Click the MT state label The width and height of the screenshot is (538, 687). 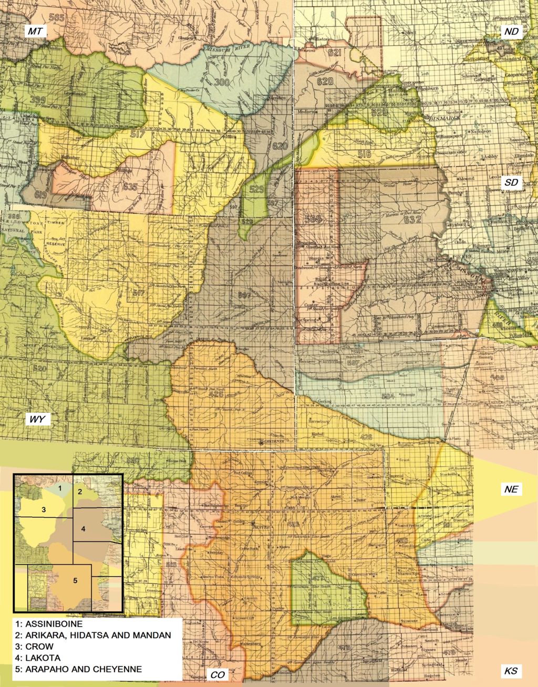(35, 32)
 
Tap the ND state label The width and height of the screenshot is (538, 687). (511, 32)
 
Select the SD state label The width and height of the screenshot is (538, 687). (511, 183)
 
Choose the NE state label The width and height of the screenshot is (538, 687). (511, 490)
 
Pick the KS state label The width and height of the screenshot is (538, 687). (511, 671)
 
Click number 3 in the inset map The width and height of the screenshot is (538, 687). (44, 509)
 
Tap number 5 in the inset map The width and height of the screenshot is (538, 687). (75, 580)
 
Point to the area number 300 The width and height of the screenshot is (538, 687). (222, 82)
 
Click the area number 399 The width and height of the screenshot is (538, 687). (37, 100)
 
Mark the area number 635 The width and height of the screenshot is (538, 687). (130, 186)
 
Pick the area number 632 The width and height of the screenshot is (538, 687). (412, 220)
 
